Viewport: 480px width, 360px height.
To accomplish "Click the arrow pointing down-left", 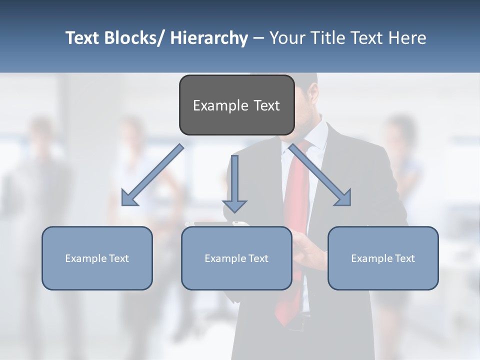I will coord(152,175).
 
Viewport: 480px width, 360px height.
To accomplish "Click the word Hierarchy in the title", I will coord(209,38).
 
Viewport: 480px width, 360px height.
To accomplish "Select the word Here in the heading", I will coord(406,38).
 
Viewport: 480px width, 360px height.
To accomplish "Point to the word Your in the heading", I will coord(286,38).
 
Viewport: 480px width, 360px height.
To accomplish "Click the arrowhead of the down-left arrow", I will coord(129,198).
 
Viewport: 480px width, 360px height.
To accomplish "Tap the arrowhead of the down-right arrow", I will coord(343,198).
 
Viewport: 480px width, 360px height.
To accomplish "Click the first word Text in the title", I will coord(83,38).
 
